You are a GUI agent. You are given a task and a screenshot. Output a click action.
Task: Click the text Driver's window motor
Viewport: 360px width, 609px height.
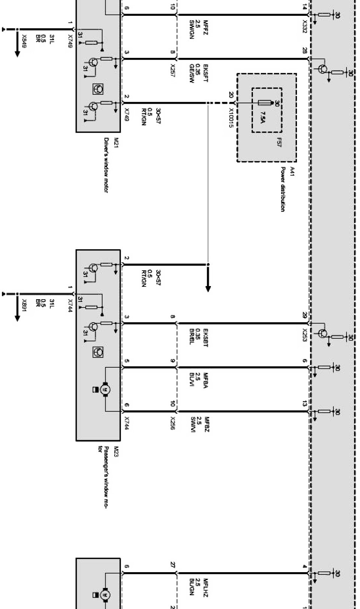pos(106,165)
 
